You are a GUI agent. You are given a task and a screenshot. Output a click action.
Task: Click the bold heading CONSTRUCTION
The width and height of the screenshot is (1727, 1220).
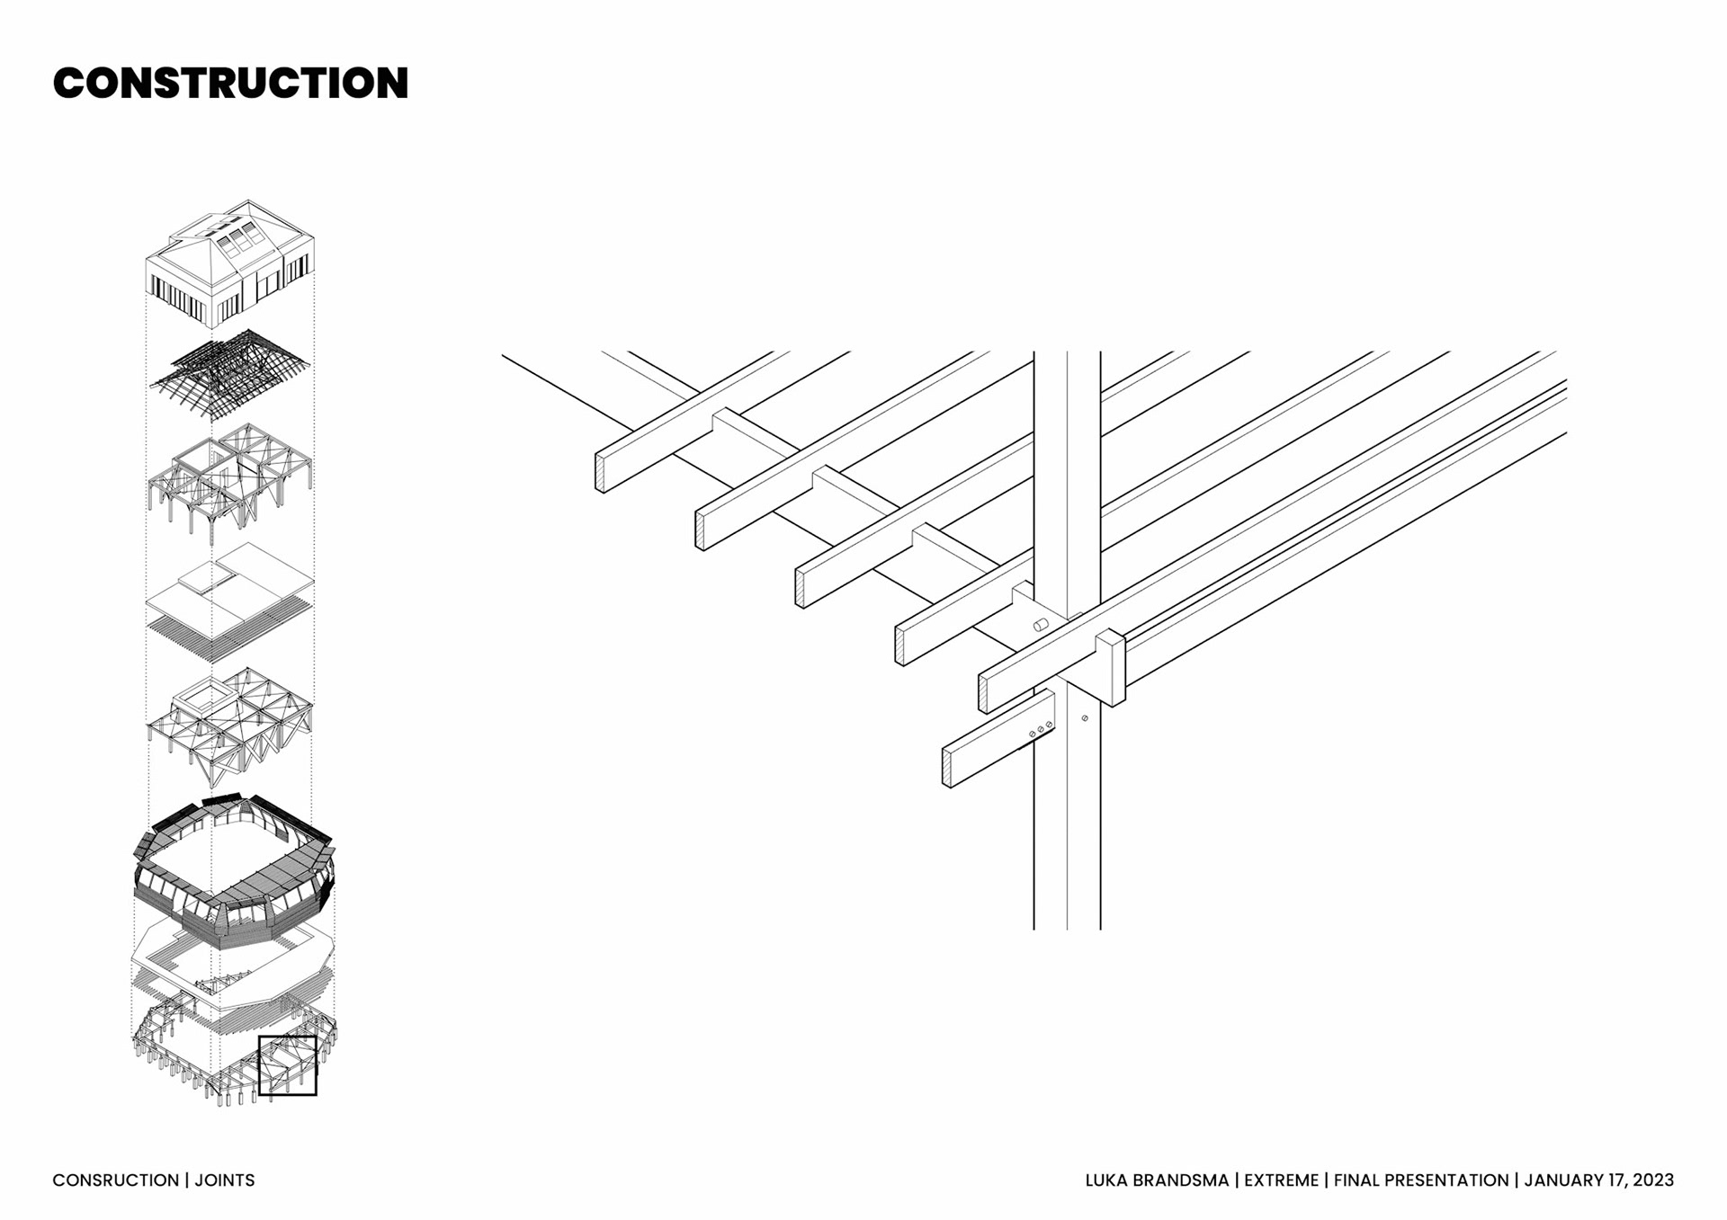[x=230, y=83]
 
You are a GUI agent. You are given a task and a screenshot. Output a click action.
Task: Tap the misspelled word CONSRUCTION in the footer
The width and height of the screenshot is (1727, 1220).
[x=116, y=1180]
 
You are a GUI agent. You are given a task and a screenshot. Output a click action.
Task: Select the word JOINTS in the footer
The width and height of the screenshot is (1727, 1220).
[x=225, y=1180]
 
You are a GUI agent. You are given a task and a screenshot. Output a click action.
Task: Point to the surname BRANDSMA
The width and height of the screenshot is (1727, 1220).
[x=1182, y=1180]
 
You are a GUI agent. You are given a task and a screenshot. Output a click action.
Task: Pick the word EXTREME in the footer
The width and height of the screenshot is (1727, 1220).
[x=1281, y=1180]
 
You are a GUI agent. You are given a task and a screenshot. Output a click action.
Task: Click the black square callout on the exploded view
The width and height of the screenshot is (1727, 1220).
[x=288, y=1065]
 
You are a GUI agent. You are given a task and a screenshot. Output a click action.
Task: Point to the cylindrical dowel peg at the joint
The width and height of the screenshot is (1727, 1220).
[x=1041, y=625]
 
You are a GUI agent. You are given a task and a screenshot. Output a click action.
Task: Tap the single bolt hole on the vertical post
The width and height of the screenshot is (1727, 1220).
[x=1085, y=718]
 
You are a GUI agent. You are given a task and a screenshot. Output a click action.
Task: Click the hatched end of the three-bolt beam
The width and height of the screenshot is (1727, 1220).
[x=947, y=767]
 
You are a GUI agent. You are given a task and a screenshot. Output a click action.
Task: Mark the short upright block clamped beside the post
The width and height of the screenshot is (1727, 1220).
[x=1111, y=667]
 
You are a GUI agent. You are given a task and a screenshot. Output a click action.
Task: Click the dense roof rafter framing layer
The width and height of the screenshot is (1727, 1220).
[x=230, y=371]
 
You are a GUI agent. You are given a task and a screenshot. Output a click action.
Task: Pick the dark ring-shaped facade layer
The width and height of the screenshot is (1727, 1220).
[x=234, y=868]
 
